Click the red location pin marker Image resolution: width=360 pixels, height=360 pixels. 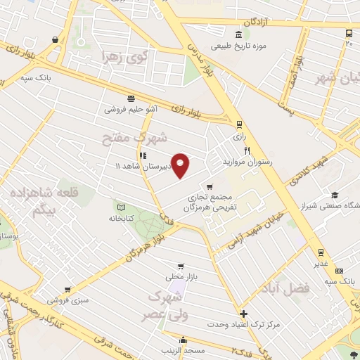click(181, 165)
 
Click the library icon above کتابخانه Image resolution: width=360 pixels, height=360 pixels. click(122, 208)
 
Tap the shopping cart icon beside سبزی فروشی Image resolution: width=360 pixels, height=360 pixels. click(67, 289)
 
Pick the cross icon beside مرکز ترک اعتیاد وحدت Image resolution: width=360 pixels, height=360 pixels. click(243, 314)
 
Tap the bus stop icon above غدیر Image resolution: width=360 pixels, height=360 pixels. click(320, 252)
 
